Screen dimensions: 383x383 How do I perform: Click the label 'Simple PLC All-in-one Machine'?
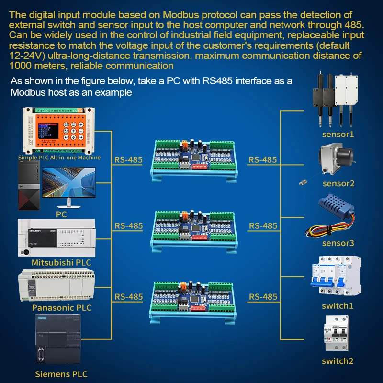[59, 157]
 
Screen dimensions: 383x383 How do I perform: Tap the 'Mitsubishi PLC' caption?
[61, 262]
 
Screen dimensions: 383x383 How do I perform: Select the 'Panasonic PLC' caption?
[61, 308]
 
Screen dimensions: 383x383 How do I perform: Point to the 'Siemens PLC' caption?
[61, 374]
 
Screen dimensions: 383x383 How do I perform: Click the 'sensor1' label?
[338, 134]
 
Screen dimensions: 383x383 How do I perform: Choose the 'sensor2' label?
[338, 183]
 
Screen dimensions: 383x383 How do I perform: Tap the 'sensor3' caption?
[338, 243]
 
